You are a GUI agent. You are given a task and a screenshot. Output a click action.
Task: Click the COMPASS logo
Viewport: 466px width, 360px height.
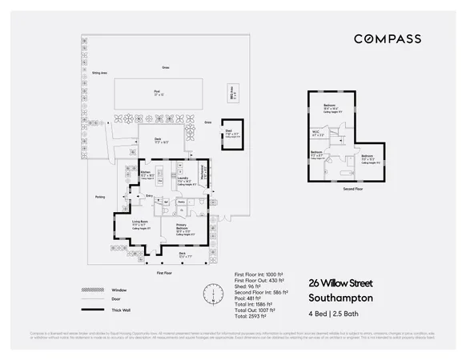388,38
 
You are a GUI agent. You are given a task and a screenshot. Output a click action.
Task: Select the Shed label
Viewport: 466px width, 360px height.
227,133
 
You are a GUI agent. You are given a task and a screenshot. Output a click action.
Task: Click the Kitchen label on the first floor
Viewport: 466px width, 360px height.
146,171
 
